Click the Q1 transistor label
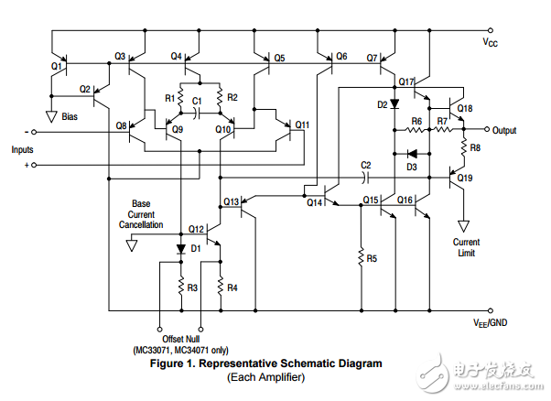pos(57,66)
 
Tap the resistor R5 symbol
pos(362,259)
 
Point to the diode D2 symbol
pos(394,104)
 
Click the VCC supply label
pos(491,42)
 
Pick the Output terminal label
pos(504,130)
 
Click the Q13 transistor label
pos(232,201)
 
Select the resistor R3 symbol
pos(180,287)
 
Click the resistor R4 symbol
pos(221,287)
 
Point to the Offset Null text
pos(179,340)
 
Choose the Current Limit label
pos(466,247)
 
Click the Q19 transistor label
pos(465,178)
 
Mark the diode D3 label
pos(412,167)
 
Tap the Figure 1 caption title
pos(265,363)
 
